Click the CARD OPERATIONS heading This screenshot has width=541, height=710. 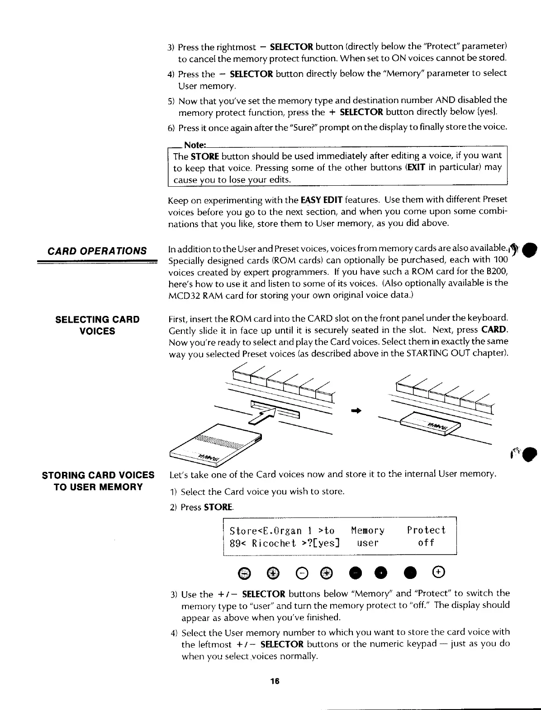(x=97, y=251)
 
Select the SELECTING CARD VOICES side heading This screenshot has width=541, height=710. (x=97, y=325)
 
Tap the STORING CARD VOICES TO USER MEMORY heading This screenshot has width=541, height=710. (x=98, y=481)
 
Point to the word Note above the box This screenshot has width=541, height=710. (x=195, y=145)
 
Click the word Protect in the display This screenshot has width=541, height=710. (x=426, y=530)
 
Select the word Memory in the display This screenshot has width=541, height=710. (x=367, y=530)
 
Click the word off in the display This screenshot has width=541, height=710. (x=426, y=543)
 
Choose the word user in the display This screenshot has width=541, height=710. (x=367, y=543)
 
